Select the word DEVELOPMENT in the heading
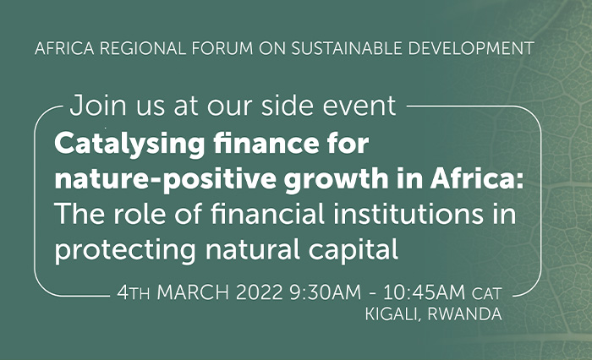click(471, 48)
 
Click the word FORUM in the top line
click(222, 48)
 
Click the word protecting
click(125, 251)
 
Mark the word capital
click(354, 251)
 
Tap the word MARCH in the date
click(193, 292)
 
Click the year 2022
click(260, 292)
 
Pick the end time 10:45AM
click(424, 292)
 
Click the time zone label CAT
click(487, 293)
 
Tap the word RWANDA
click(465, 314)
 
